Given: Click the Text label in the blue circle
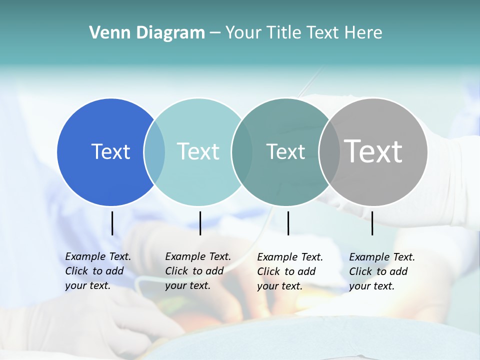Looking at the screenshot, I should coord(110,151).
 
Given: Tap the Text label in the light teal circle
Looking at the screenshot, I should coord(198,151).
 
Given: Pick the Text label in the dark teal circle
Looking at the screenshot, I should coord(285,151).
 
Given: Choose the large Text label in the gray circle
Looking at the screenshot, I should coord(373,151).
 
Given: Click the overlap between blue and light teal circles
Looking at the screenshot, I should coord(154,151).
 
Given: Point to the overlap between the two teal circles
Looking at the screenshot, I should coord(242,151).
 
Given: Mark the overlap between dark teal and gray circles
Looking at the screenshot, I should coord(329,151).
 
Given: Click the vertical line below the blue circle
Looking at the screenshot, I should coord(112,223).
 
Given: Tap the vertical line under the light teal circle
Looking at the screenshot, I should coord(200,223).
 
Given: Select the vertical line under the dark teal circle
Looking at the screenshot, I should coord(288,223).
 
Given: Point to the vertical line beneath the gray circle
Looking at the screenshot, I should coord(372,223).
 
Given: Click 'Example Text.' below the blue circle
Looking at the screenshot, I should coord(98,256).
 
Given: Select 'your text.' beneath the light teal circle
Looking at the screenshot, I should coord(187,285).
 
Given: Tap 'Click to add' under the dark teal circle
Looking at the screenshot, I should coord(286,271).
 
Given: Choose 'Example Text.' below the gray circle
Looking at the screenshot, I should coord(382,257).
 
